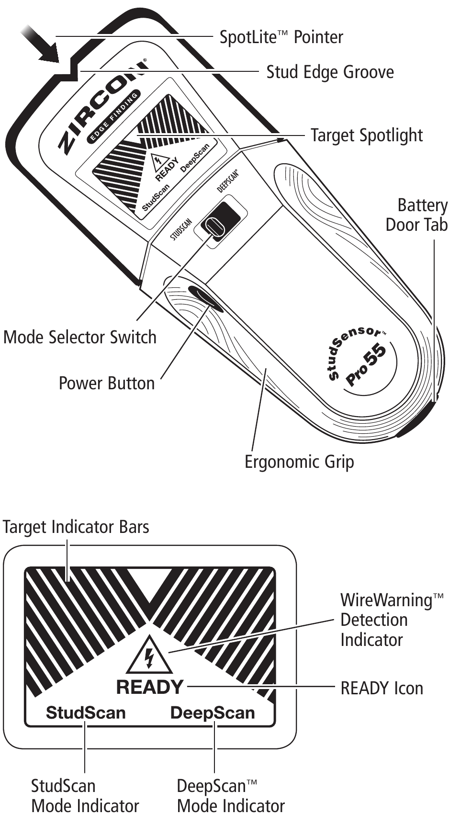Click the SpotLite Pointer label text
click(281, 37)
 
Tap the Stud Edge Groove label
click(330, 72)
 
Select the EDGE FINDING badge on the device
click(114, 117)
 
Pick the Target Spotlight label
click(366, 135)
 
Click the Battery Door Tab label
click(416, 215)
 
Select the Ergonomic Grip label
click(299, 462)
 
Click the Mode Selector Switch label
click(80, 337)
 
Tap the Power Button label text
click(106, 384)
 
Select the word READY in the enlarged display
click(150, 687)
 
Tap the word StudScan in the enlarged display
click(86, 713)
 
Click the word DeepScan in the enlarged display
click(213, 713)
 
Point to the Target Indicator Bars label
click(76, 527)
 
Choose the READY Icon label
click(382, 689)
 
